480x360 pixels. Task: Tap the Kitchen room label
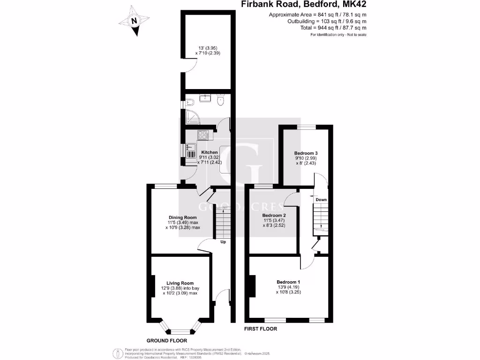pos(209,153)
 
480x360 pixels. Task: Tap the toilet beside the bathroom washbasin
pos(223,100)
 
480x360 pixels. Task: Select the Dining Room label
pos(182,217)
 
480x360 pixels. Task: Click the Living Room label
pos(180,283)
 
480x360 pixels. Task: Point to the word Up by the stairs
pos(223,242)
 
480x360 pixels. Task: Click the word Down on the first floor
pos(321,200)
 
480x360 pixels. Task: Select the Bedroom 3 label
pos(306,153)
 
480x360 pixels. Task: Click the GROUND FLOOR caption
pos(166,341)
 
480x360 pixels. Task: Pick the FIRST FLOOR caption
pos(261,329)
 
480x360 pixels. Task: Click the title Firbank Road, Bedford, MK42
pos(303,5)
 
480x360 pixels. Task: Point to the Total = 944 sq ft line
pos(333,28)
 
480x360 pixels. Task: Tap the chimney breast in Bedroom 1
pos(252,286)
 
